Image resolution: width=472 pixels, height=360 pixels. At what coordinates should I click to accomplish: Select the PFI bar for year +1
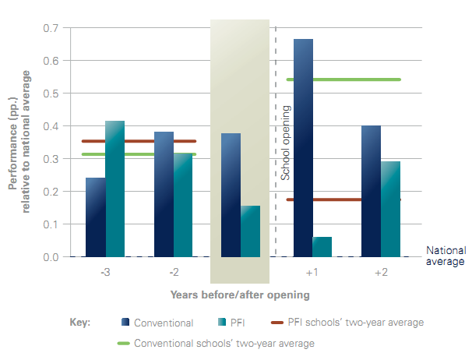pyautogui.click(x=322, y=247)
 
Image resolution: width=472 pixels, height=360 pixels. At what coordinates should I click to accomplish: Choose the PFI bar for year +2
pyautogui.click(x=391, y=209)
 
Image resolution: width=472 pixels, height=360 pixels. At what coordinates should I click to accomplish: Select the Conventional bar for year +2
pyautogui.click(x=372, y=192)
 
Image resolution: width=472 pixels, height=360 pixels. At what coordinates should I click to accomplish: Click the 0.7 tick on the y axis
pyautogui.click(x=50, y=28)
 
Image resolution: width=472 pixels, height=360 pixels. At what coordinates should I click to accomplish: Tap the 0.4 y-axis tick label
pyautogui.click(x=50, y=126)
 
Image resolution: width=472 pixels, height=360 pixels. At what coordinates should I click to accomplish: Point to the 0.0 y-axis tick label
pyautogui.click(x=50, y=257)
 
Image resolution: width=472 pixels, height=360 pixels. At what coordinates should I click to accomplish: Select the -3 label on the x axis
pyautogui.click(x=105, y=274)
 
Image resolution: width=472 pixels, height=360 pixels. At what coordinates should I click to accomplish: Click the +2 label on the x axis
pyautogui.click(x=382, y=274)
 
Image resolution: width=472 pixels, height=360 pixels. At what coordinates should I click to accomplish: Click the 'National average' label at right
pyautogui.click(x=446, y=256)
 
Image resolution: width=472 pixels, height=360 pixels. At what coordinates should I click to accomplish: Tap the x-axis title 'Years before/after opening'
pyautogui.click(x=240, y=295)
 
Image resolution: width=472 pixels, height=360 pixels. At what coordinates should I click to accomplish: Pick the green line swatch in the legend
pyautogui.click(x=123, y=342)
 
